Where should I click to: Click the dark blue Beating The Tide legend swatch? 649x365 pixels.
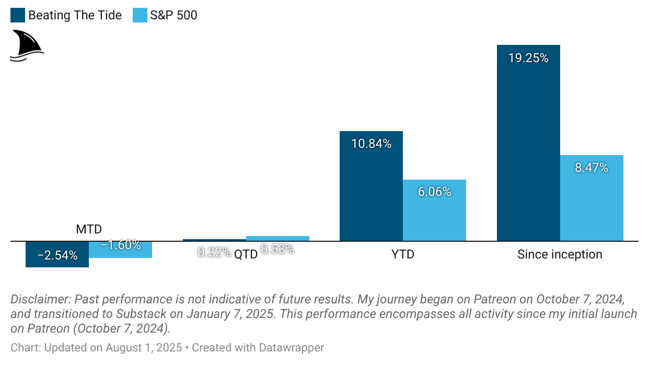(18, 15)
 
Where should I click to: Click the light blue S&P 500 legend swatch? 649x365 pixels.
(140, 15)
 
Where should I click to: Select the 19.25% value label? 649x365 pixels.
(528, 58)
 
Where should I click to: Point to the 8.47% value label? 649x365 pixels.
(592, 168)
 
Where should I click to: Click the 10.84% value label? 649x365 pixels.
(371, 144)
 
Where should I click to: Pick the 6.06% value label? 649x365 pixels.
(434, 192)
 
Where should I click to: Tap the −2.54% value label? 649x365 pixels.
(57, 255)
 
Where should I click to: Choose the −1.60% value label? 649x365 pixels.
(121, 245)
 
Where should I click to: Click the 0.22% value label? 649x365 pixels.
(214, 252)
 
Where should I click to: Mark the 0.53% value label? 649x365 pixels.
(277, 249)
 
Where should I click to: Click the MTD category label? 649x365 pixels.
(89, 229)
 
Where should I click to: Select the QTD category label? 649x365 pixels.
(246, 255)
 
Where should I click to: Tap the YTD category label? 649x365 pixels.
(403, 254)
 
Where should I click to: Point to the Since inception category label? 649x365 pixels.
(560, 254)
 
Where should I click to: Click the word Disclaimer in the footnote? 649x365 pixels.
(40, 300)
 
